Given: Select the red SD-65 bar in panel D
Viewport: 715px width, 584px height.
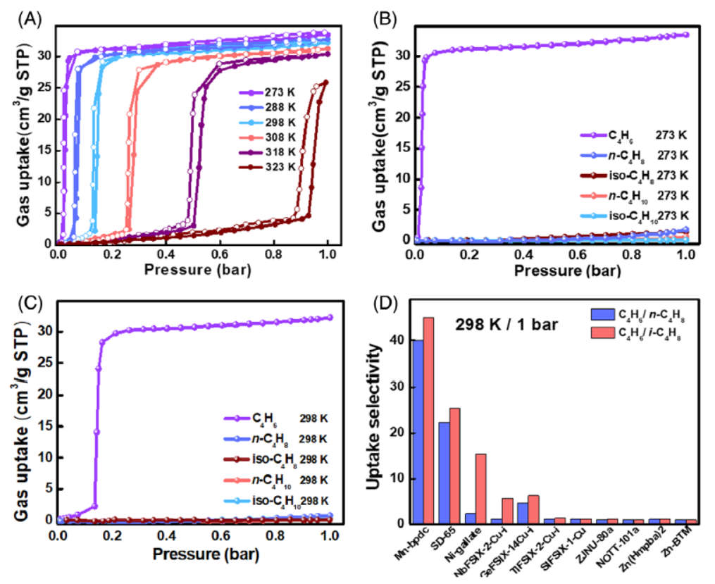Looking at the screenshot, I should click(454, 466).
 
